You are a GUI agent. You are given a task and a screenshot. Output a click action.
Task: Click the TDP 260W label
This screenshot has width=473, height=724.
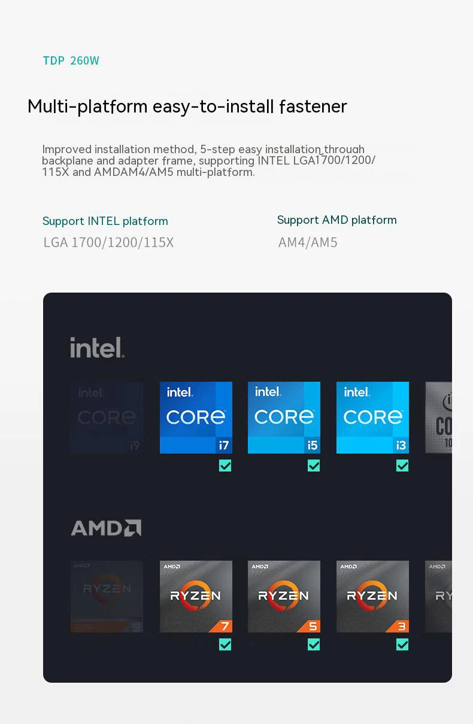coord(71,60)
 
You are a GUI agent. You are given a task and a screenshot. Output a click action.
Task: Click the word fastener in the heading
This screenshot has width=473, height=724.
coord(313,107)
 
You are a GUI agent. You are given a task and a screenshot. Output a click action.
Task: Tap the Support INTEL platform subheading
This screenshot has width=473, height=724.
coord(105,221)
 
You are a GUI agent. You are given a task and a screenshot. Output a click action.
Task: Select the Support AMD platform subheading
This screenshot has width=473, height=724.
coord(336,220)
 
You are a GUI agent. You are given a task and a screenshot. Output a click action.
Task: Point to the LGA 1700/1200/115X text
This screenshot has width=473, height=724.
coord(108,242)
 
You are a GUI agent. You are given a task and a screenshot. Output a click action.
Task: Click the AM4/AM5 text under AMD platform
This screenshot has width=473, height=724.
coord(308,242)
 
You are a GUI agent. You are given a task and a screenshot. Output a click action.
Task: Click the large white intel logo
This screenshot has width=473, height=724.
coord(97,348)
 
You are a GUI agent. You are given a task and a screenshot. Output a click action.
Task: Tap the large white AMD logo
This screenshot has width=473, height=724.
coord(106,528)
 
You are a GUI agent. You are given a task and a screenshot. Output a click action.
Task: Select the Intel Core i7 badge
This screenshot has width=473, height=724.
coord(196,418)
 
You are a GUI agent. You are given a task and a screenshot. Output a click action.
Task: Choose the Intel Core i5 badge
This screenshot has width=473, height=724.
coord(284,418)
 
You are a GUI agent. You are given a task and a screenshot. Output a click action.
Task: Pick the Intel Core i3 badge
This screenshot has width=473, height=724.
coord(372,418)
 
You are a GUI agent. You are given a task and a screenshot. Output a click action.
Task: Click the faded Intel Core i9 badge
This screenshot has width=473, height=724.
coord(107,418)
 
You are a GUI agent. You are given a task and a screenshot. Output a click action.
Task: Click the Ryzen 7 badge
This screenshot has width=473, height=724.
coord(196,597)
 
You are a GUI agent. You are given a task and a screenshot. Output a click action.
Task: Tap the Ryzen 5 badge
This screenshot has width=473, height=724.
coord(284,597)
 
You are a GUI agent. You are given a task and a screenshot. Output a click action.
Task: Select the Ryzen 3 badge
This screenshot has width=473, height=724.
coord(372,597)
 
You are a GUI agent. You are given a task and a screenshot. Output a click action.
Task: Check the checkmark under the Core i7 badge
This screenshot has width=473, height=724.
coord(225,466)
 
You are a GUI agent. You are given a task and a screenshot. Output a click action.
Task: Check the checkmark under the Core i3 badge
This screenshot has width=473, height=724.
coord(402,466)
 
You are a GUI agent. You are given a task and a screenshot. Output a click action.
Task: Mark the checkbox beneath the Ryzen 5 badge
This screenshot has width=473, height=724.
coord(314,644)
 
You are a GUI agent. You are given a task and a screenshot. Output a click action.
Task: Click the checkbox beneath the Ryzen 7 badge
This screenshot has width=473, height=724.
coord(225,644)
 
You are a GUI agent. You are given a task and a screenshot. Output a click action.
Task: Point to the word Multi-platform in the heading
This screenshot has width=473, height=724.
coord(87,107)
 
